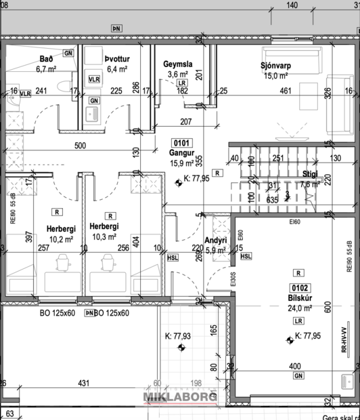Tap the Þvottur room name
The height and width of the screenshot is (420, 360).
(116, 58)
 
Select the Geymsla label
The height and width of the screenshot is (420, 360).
(178, 64)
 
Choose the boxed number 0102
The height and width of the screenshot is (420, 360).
(297, 287)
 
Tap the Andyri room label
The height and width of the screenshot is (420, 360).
(215, 240)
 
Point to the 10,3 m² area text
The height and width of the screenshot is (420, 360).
(104, 236)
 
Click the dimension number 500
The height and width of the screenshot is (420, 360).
(80, 146)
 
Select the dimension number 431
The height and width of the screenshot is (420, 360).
(83, 383)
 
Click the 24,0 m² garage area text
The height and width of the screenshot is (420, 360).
(298, 308)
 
